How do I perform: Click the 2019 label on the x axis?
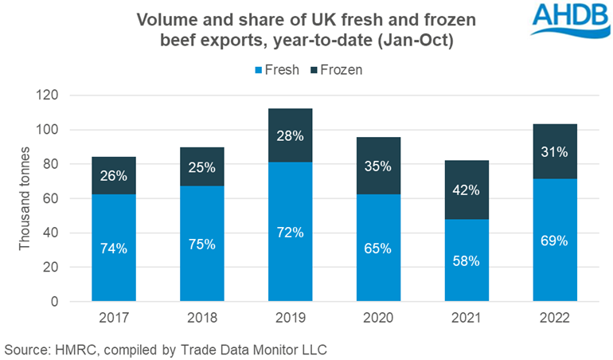(x=289, y=319)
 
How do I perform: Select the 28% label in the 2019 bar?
(x=289, y=135)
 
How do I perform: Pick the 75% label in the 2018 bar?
(x=202, y=245)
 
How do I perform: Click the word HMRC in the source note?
(x=74, y=348)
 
